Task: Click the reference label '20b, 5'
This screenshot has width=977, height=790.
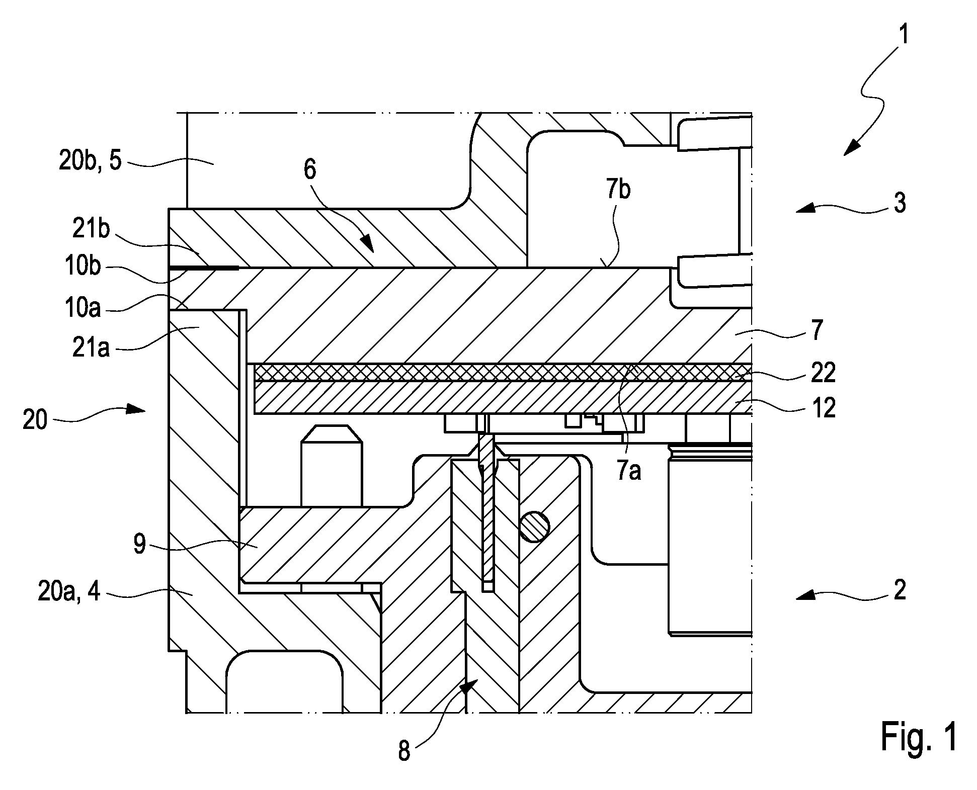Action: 91,162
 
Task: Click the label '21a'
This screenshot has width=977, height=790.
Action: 91,347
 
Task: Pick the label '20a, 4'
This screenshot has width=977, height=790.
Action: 69,592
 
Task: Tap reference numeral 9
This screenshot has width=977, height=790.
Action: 139,544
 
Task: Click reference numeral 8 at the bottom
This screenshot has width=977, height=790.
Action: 404,751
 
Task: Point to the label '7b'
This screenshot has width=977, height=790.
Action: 618,191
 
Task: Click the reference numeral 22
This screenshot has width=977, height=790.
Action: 824,373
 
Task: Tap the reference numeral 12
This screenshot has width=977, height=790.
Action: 824,407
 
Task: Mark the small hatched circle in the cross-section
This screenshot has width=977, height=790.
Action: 535,527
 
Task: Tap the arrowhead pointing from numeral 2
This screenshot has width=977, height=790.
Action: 805,597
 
